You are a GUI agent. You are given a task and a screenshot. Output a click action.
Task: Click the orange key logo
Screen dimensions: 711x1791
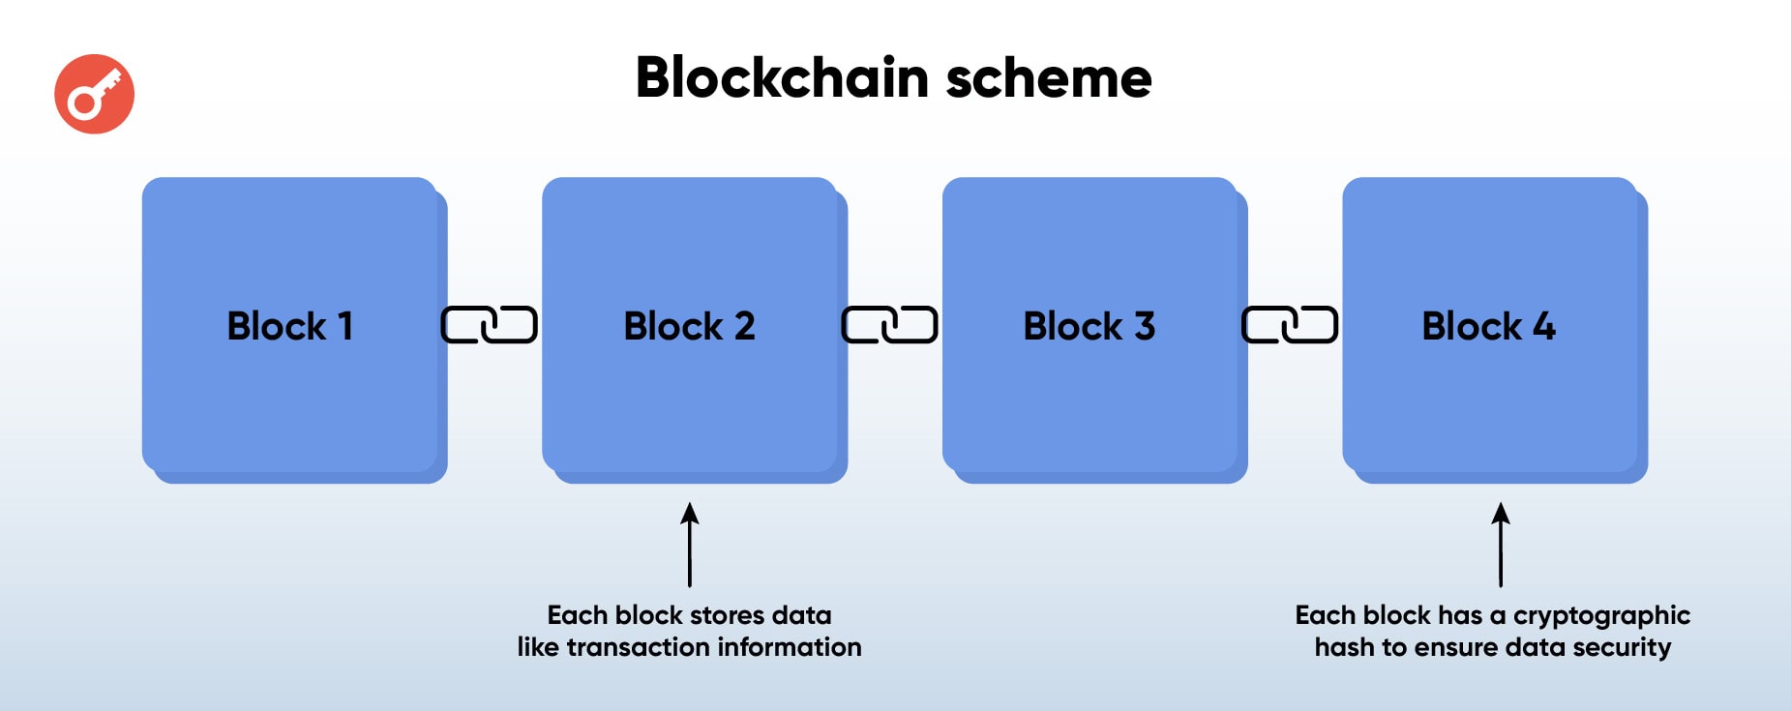pos(94,94)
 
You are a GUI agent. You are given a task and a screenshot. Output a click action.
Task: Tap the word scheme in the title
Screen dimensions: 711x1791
pos(1049,77)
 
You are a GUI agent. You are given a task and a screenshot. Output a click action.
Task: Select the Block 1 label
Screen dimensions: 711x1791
pos(289,326)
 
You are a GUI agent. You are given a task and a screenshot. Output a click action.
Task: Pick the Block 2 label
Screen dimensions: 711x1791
pos(689,326)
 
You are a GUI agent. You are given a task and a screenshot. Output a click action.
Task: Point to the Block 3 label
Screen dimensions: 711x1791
pos(1089,326)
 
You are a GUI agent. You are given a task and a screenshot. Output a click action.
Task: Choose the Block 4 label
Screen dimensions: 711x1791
pos(1488,326)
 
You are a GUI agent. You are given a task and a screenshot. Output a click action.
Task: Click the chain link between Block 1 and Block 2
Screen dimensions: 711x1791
pos(489,325)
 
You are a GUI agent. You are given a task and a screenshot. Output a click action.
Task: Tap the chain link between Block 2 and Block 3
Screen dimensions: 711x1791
pos(889,325)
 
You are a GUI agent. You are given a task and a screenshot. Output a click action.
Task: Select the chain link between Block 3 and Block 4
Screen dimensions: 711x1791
pos(1290,325)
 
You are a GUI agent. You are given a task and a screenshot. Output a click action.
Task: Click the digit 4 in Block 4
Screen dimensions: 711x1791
pos(1544,326)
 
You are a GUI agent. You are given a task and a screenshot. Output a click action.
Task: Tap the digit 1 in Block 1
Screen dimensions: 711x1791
pos(344,326)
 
